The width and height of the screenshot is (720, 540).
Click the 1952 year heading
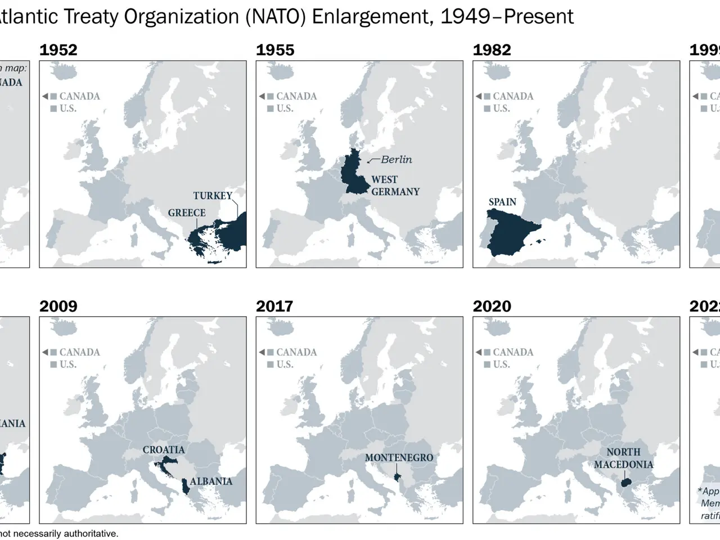click(x=58, y=50)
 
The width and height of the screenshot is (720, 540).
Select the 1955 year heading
click(x=275, y=50)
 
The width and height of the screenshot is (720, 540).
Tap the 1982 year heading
click(x=492, y=50)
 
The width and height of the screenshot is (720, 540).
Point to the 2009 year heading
click(x=58, y=306)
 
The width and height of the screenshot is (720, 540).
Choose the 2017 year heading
click(x=274, y=306)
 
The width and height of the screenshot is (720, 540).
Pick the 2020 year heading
click(x=492, y=306)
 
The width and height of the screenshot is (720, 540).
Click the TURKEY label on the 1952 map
click(x=213, y=196)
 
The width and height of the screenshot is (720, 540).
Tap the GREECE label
click(x=187, y=213)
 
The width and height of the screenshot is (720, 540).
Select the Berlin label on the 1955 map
click(x=396, y=160)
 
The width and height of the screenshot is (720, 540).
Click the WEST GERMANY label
click(x=395, y=186)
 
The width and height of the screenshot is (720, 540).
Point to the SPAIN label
click(x=502, y=202)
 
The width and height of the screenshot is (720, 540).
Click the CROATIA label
click(x=164, y=450)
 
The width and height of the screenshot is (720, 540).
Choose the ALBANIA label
click(x=211, y=481)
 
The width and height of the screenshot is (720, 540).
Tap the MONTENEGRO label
click(x=399, y=458)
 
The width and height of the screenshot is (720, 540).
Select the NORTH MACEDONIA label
click(x=623, y=458)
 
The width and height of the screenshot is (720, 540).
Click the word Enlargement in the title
click(x=373, y=17)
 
